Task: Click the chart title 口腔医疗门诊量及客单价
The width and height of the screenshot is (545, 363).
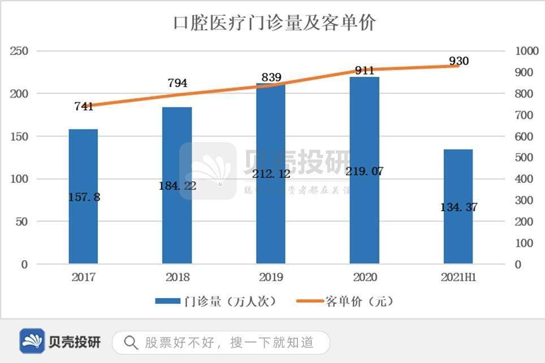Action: (x=274, y=23)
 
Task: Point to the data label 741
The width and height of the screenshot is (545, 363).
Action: (x=84, y=106)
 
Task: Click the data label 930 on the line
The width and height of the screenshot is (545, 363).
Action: (x=459, y=60)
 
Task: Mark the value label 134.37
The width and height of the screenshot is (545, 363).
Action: (x=459, y=207)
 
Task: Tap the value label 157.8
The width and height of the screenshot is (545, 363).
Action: (x=83, y=197)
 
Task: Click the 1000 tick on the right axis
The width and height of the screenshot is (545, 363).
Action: (x=527, y=51)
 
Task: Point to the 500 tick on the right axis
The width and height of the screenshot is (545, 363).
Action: (x=525, y=158)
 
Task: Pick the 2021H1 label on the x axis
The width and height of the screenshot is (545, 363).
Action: (x=459, y=278)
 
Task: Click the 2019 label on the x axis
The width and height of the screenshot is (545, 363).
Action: (x=271, y=278)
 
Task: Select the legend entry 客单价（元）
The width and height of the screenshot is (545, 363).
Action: (x=345, y=301)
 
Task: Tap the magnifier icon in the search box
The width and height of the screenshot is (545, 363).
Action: (x=131, y=342)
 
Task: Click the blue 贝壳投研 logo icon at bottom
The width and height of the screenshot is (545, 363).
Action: (x=32, y=341)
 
